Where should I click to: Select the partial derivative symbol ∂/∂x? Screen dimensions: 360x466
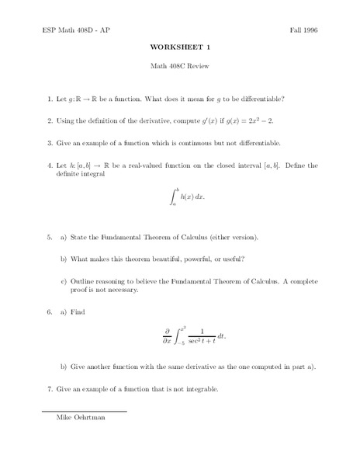[166, 335]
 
